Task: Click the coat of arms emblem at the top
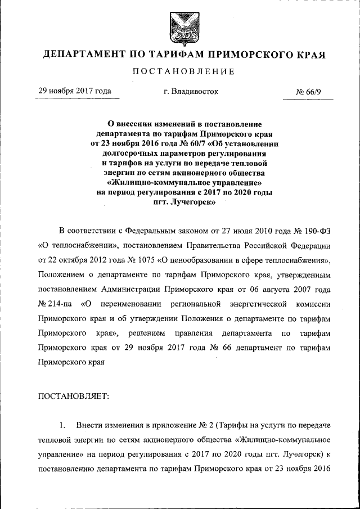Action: tap(180, 27)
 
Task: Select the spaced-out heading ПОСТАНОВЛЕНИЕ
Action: tap(179, 72)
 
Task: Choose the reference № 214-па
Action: tap(56, 304)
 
